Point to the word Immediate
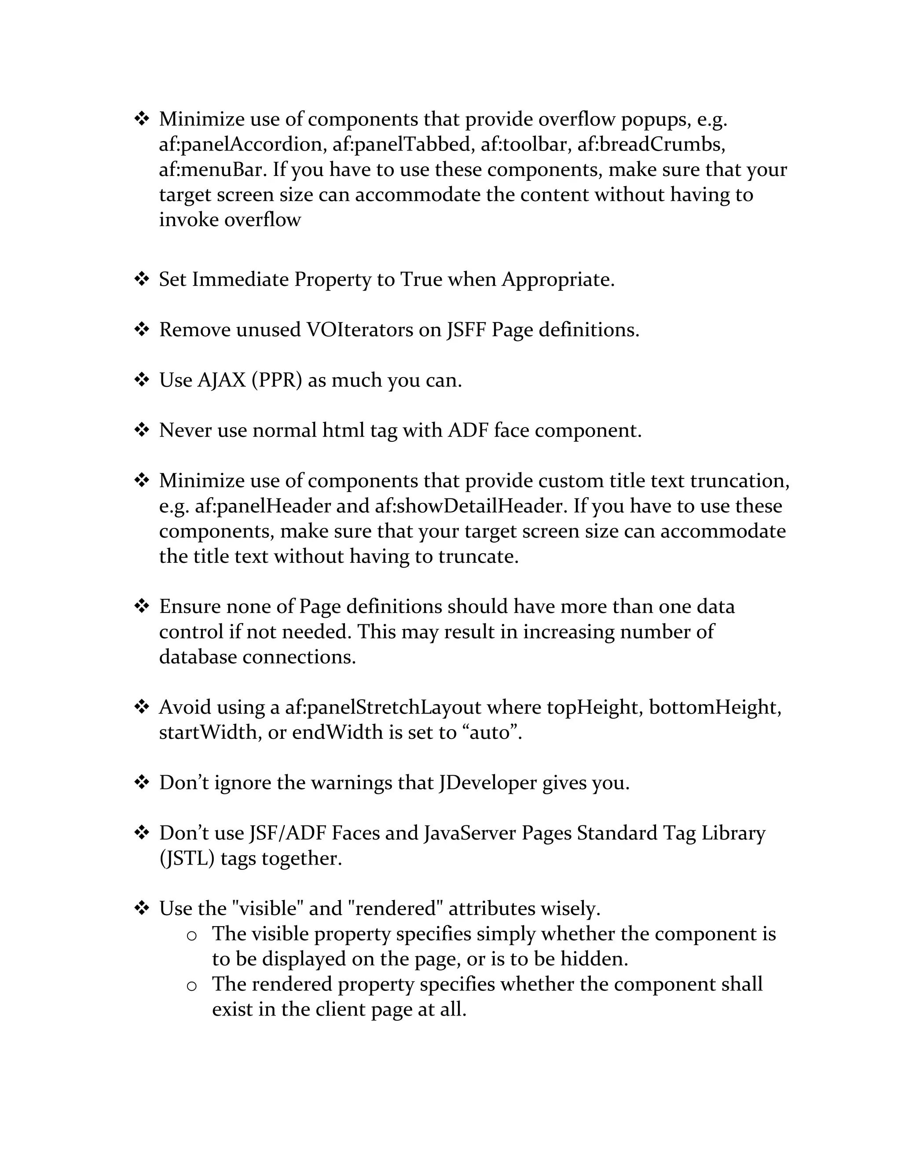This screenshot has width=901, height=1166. [240, 279]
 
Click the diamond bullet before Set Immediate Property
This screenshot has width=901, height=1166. [142, 279]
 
